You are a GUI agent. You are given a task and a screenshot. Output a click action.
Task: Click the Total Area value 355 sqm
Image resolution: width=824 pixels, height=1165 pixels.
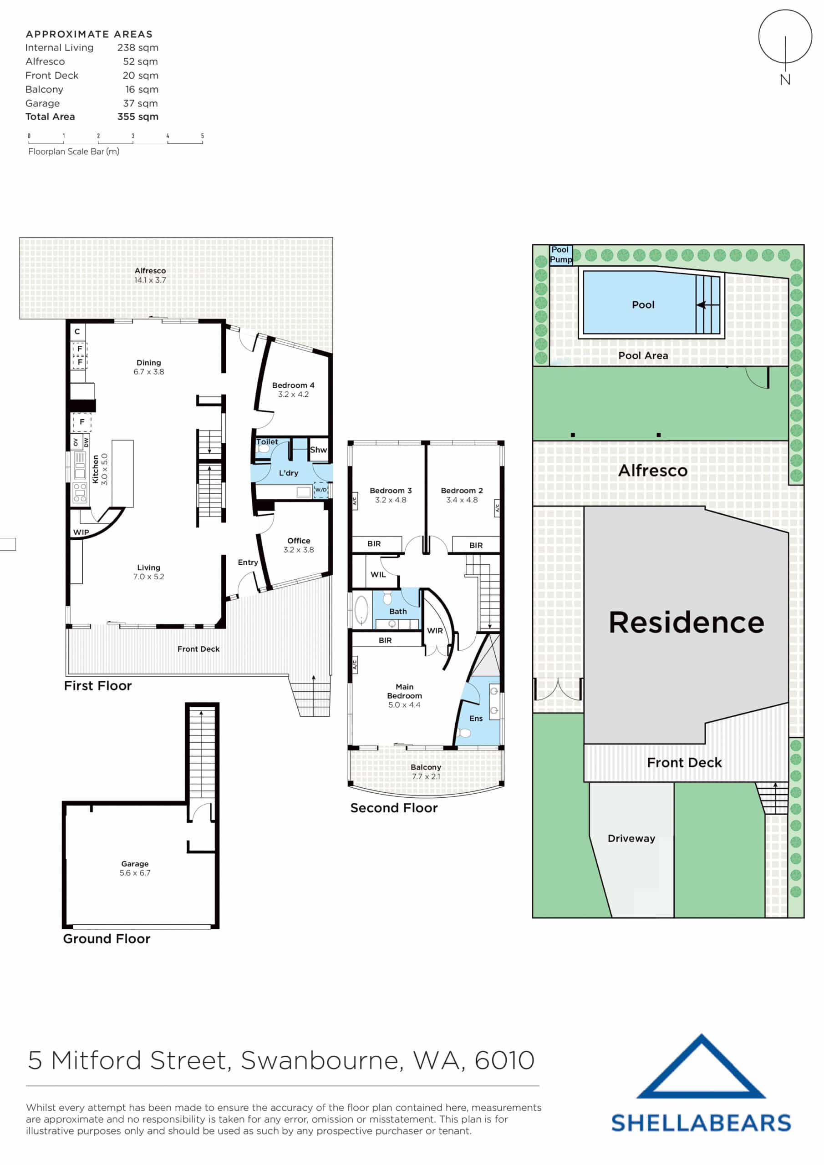click(137, 116)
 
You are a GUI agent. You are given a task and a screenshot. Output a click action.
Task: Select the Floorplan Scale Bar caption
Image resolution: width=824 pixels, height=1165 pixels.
click(74, 151)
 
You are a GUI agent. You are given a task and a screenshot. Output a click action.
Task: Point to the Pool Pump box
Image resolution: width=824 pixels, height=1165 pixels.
click(560, 254)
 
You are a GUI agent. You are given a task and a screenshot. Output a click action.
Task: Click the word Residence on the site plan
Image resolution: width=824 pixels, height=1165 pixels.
click(686, 623)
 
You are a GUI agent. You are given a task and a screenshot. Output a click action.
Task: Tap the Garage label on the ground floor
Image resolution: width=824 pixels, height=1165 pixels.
click(135, 864)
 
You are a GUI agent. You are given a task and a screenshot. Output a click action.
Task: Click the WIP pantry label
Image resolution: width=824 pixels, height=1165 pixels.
click(81, 532)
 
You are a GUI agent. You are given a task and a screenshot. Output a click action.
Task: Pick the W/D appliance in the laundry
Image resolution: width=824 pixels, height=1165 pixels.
click(321, 490)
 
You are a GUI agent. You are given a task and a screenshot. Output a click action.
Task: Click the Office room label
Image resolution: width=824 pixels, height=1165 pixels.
click(299, 541)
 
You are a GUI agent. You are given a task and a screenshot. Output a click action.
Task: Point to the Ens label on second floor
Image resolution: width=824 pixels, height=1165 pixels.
click(476, 719)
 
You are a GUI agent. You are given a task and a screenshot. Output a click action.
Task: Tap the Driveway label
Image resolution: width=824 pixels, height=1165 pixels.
click(631, 838)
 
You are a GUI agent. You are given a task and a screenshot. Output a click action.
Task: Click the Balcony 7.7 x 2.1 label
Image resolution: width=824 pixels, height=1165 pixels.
click(426, 772)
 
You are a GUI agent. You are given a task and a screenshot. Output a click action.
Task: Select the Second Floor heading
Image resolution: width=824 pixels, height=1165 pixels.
click(393, 808)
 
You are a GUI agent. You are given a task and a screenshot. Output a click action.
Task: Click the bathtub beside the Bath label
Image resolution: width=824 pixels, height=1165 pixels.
click(361, 610)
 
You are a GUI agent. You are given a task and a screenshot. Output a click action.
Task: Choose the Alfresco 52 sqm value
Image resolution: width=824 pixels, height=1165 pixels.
click(140, 61)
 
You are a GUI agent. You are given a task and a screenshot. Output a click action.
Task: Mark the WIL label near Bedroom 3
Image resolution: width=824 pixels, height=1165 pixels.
click(378, 574)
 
